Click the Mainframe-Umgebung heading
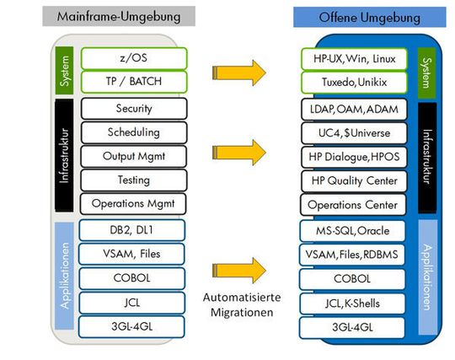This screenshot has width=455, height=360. coord(119,16)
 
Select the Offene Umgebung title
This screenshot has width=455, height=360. coord(369,18)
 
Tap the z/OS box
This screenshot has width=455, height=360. coord(134,58)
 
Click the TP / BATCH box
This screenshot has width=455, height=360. coord(134,82)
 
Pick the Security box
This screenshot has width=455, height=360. coord(134,109)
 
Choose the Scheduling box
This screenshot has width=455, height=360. coord(134,132)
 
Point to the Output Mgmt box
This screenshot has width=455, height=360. coord(133,156)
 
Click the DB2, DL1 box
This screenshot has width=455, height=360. coord(131,230)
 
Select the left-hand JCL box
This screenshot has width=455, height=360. coord(131,304)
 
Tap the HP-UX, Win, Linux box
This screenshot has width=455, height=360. coord(354,59)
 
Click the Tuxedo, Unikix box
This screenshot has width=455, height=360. coord(354,83)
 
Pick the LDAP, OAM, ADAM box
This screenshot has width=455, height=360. coord(354,110)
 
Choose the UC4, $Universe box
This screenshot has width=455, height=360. coord(354,133)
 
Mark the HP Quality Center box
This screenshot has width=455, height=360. coord(354,181)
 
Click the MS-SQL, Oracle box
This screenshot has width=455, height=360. coord(352,231)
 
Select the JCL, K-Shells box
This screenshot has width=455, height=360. coord(352,304)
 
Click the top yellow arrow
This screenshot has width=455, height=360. coord(239,73)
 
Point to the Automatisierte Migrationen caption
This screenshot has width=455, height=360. coord(242,305)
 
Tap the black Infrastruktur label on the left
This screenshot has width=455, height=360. coord(64,155)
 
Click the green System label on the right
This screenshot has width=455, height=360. coord(427,73)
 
